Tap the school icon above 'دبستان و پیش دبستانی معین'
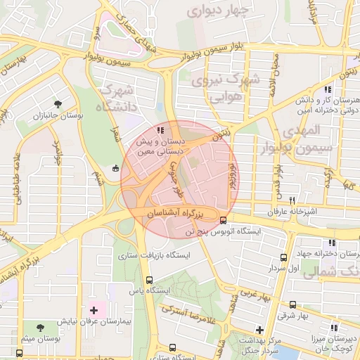pyautogui.click(x=160, y=129)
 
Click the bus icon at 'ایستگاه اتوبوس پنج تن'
pyautogui.click(x=224, y=219)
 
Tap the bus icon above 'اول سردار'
pyautogui.click(x=283, y=257)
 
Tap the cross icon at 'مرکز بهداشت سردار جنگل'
pyautogui.click(x=259, y=329)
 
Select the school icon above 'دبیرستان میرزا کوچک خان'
pyautogui.click(x=334, y=327)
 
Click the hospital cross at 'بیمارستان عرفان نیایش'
pyautogui.click(x=94, y=309)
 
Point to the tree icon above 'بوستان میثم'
pyautogui.click(x=40, y=328)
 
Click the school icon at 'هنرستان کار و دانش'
pyautogui.click(x=328, y=89)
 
